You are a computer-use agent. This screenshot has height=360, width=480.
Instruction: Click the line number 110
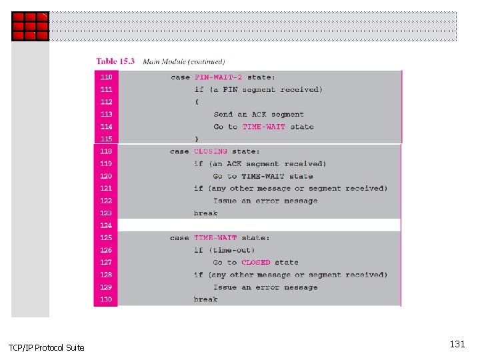107,77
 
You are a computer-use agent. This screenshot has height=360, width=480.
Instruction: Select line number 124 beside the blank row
107,225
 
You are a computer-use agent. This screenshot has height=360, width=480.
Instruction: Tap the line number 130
107,299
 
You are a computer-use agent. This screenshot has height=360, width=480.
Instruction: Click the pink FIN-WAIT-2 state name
219,77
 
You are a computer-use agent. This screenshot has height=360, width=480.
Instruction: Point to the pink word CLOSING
211,151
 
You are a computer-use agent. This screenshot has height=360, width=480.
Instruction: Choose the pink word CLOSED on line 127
256,263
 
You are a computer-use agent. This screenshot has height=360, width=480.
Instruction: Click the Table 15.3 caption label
115,61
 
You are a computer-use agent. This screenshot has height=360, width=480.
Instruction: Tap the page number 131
457,345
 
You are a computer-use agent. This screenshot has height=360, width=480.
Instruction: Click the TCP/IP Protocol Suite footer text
47,347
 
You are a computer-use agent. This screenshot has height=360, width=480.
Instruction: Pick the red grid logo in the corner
30,27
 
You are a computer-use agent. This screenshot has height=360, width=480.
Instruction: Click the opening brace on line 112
197,102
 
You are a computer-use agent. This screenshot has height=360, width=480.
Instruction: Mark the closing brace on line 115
197,139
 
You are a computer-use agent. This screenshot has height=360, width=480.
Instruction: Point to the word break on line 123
205,213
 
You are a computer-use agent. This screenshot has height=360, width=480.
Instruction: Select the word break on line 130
205,299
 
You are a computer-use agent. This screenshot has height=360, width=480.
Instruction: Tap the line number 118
107,151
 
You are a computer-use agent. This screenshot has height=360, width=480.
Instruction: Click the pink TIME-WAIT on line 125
213,238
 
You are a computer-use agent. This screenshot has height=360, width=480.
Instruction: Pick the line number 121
107,189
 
